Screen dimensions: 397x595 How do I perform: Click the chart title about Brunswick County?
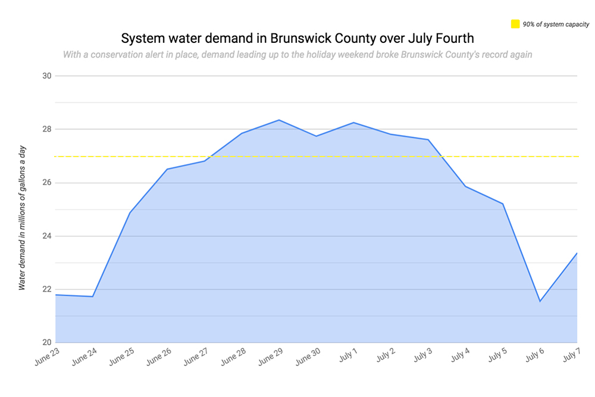point(297,39)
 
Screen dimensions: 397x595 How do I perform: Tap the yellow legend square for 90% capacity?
point(515,24)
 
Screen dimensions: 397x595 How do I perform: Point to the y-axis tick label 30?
point(47,76)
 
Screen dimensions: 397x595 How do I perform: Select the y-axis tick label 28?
point(47,129)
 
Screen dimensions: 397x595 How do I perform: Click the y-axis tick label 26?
point(47,183)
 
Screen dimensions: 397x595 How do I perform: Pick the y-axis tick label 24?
point(47,236)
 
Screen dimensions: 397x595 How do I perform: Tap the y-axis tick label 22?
point(47,289)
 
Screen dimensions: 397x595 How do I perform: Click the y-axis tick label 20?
point(47,343)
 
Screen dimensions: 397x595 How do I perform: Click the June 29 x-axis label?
point(270,358)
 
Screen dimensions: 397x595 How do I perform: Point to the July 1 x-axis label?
point(347,357)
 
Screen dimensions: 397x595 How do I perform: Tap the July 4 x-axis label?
point(459,357)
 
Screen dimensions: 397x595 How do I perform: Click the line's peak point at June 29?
point(279,120)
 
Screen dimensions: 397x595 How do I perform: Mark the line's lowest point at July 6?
point(540,301)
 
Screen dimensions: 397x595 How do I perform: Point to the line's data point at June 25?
point(130,212)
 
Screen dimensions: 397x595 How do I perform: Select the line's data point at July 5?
point(503,204)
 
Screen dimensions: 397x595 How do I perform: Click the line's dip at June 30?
point(316,136)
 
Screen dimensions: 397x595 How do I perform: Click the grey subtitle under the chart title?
point(297,55)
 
